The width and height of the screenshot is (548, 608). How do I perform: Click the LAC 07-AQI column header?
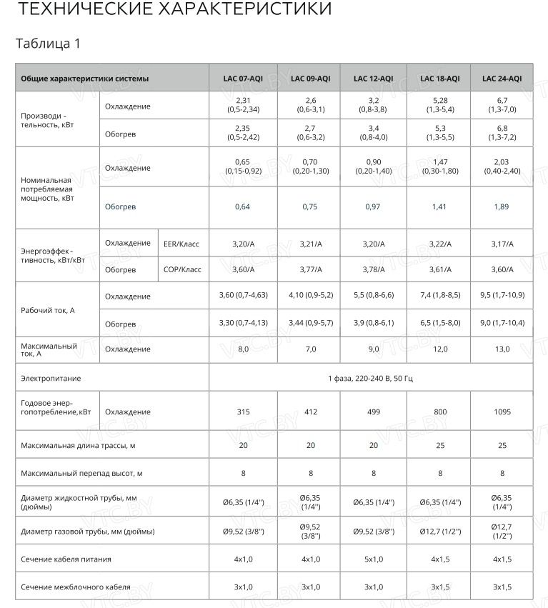point(243,79)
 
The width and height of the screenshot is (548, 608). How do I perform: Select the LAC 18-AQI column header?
point(440,79)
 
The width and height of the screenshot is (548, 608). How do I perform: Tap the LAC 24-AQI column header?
point(502,79)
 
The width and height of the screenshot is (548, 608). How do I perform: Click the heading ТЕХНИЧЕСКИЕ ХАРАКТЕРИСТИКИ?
point(174,10)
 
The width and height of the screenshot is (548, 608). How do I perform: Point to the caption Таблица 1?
point(48,44)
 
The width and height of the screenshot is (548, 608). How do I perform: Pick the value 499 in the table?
point(373,412)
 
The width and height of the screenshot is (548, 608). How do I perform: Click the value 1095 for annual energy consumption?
point(502,412)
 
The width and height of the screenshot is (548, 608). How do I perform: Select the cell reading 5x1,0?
point(373,559)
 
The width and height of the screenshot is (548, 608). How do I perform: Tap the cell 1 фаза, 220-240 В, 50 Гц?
point(370,377)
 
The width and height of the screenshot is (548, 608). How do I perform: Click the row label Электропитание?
point(51,377)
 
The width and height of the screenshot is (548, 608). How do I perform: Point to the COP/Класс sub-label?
point(182,269)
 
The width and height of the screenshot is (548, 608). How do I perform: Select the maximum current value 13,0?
point(502,349)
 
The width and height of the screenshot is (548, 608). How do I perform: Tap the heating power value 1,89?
point(502,206)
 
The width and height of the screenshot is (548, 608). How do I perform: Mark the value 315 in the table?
point(243,412)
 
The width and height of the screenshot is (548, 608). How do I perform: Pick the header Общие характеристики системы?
point(85,79)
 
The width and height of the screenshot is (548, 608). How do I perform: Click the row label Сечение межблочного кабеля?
point(76,587)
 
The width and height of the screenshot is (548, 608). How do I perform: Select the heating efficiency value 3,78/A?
point(373,269)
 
